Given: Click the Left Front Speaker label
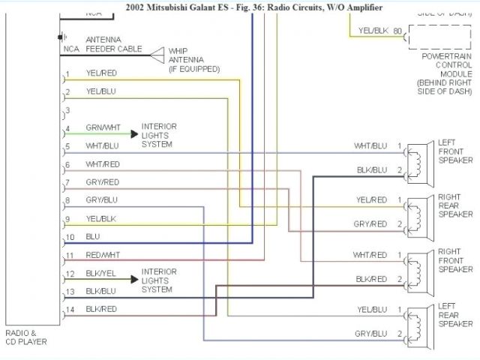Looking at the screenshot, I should pyautogui.click(x=456, y=151).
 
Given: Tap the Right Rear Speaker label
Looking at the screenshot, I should pyautogui.click(x=455, y=204).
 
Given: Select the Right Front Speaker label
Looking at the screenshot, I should pyautogui.click(x=455, y=259).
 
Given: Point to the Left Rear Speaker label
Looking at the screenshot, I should pyautogui.click(x=456, y=314).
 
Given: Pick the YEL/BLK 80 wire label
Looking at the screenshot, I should pyautogui.click(x=380, y=31).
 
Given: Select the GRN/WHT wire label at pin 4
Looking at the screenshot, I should pyautogui.click(x=103, y=128).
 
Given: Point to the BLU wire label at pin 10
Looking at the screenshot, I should pyautogui.click(x=93, y=236).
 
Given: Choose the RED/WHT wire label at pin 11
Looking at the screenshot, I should pyautogui.click(x=103, y=255).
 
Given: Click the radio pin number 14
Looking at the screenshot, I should pyautogui.click(x=70, y=309).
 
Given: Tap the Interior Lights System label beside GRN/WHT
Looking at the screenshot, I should pyautogui.click(x=159, y=135).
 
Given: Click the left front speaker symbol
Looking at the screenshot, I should pyautogui.click(x=419, y=160).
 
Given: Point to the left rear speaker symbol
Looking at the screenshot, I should pyautogui.click(x=419, y=323).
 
